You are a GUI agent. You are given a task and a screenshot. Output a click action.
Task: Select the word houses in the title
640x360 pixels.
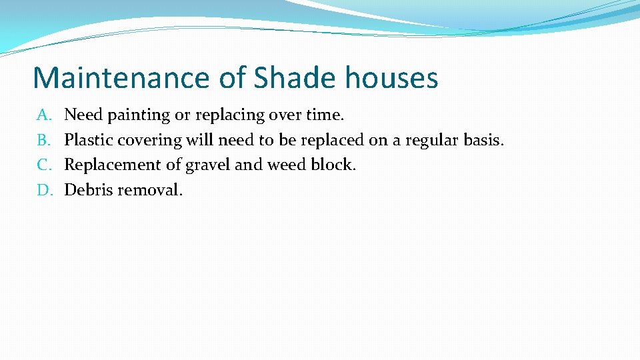pos(391,78)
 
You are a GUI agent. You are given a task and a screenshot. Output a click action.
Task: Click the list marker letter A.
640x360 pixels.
pos(43,115)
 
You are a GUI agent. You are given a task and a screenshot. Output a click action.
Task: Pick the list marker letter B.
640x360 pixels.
pos(43,141)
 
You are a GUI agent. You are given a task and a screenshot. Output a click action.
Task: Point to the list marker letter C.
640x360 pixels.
pos(43,165)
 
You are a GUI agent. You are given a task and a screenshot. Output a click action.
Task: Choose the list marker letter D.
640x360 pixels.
pos(44,190)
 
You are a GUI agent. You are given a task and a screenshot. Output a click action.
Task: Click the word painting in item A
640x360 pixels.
pos(139,115)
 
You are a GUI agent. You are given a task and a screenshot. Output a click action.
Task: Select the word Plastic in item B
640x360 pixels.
pos(89,141)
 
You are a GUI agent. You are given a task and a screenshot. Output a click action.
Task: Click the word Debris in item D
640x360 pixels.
pos(89,190)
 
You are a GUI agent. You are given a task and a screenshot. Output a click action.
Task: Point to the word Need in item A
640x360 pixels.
pos(83,115)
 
